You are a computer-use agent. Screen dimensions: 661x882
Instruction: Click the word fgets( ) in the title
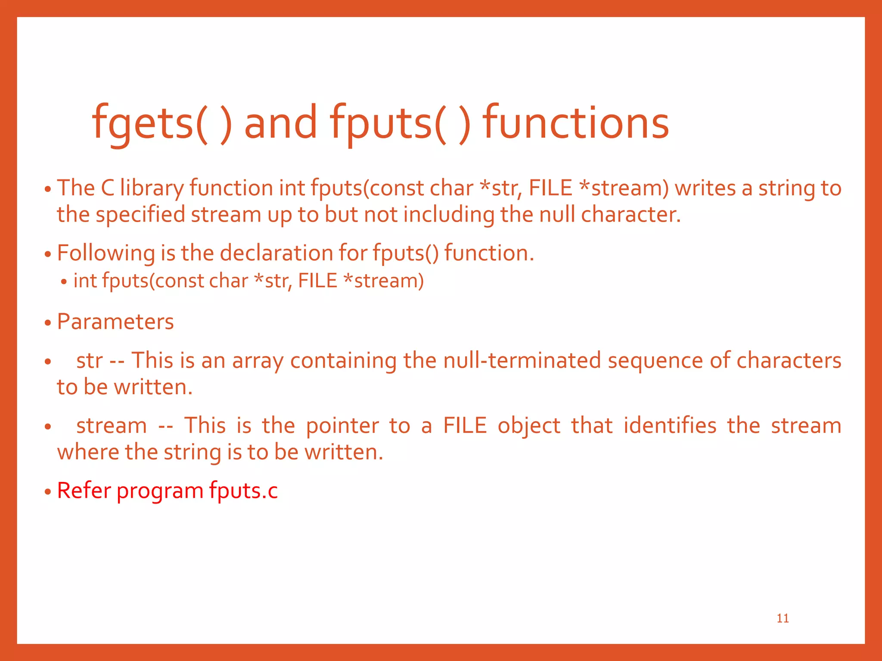162,124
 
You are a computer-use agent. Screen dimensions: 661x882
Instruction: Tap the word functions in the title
576,124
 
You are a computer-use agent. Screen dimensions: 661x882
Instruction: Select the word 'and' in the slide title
280,124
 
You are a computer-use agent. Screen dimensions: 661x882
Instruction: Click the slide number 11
783,618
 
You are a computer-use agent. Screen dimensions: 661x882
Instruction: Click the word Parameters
115,321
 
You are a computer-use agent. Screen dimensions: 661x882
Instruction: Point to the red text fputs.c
243,491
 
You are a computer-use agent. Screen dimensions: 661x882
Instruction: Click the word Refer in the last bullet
84,491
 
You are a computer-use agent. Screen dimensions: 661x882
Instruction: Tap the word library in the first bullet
152,188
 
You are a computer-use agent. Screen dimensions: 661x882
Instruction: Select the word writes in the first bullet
705,188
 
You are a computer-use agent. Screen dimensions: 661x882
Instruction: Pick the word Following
106,253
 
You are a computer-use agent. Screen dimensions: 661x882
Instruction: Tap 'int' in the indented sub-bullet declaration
85,281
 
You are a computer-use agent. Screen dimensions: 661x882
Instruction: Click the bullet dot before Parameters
48,323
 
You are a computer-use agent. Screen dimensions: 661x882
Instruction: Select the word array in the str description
258,361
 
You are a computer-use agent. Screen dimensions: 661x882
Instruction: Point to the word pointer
342,426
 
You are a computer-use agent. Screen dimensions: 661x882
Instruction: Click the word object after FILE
529,426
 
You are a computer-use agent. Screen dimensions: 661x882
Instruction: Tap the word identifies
670,426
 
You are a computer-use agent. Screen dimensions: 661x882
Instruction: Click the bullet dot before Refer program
48,492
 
